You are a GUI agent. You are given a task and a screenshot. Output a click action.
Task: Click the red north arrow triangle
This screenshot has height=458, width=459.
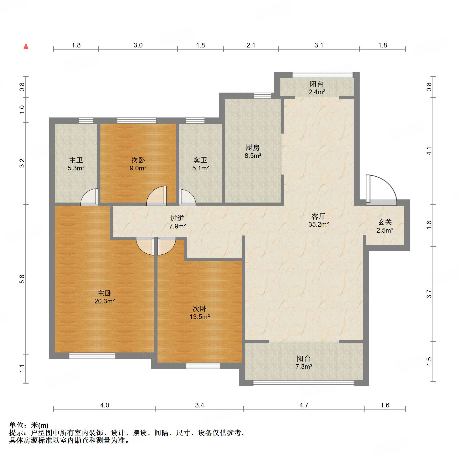point(26,46)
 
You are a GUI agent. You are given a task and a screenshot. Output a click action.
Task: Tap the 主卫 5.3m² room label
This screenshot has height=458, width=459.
point(76,164)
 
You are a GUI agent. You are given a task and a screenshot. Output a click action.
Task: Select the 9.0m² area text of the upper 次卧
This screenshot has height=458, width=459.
point(138,168)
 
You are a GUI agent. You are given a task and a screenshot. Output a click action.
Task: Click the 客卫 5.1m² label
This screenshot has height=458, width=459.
point(200,164)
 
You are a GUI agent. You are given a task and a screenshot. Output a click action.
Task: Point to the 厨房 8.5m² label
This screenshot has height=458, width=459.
point(253,152)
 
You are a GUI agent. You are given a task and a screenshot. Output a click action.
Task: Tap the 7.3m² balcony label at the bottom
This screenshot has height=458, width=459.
point(304,363)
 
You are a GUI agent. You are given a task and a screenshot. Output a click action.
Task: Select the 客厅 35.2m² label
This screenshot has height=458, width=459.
point(318,220)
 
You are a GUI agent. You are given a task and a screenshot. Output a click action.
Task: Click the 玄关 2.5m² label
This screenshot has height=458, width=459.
point(385,226)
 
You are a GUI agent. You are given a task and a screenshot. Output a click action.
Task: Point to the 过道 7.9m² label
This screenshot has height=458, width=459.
point(177,222)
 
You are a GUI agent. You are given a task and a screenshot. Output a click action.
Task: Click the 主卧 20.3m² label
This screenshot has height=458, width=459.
point(104,297)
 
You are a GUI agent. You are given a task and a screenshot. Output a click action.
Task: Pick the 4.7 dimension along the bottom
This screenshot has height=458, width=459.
point(304,405)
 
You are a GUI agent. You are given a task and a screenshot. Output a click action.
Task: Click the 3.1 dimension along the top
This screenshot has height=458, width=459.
point(319,45)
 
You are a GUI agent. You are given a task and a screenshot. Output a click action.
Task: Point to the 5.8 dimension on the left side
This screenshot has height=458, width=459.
point(22,279)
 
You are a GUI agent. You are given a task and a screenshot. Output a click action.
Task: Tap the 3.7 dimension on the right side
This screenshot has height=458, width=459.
point(429,294)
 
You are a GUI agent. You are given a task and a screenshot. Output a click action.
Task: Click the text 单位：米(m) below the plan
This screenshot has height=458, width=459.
point(29,425)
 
